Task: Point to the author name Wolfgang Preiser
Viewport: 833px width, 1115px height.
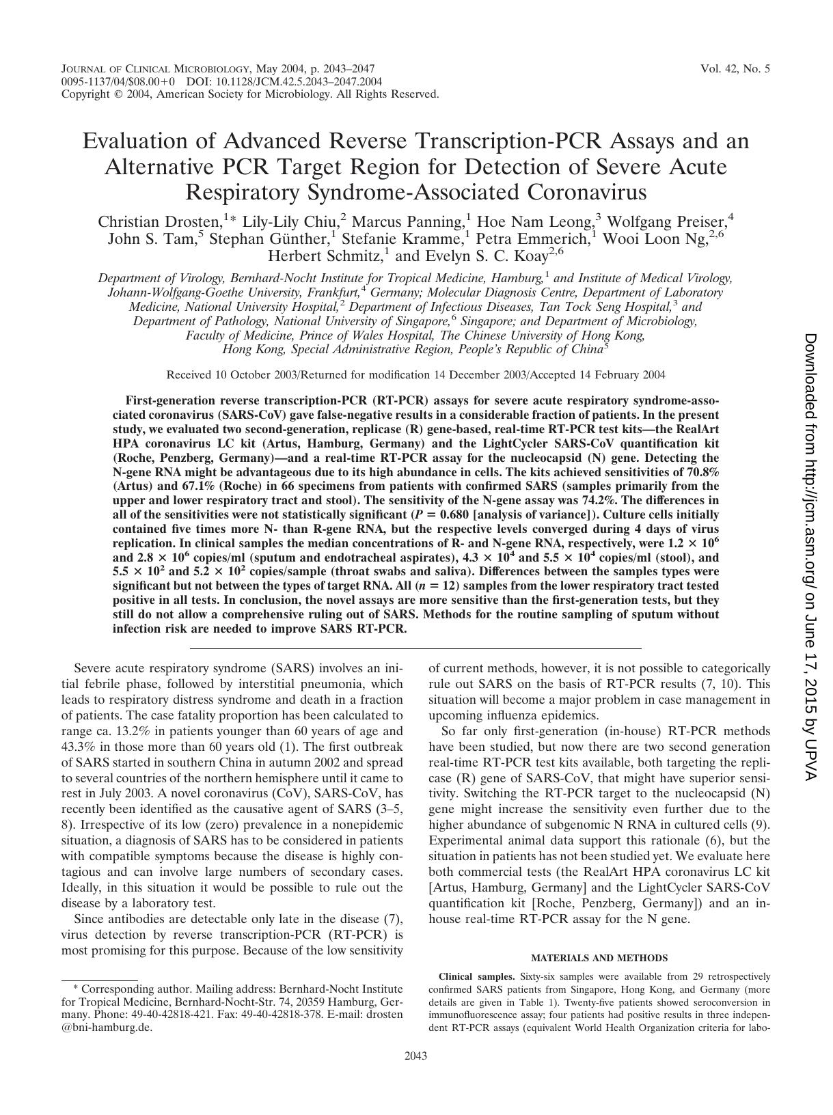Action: [x=666, y=222]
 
